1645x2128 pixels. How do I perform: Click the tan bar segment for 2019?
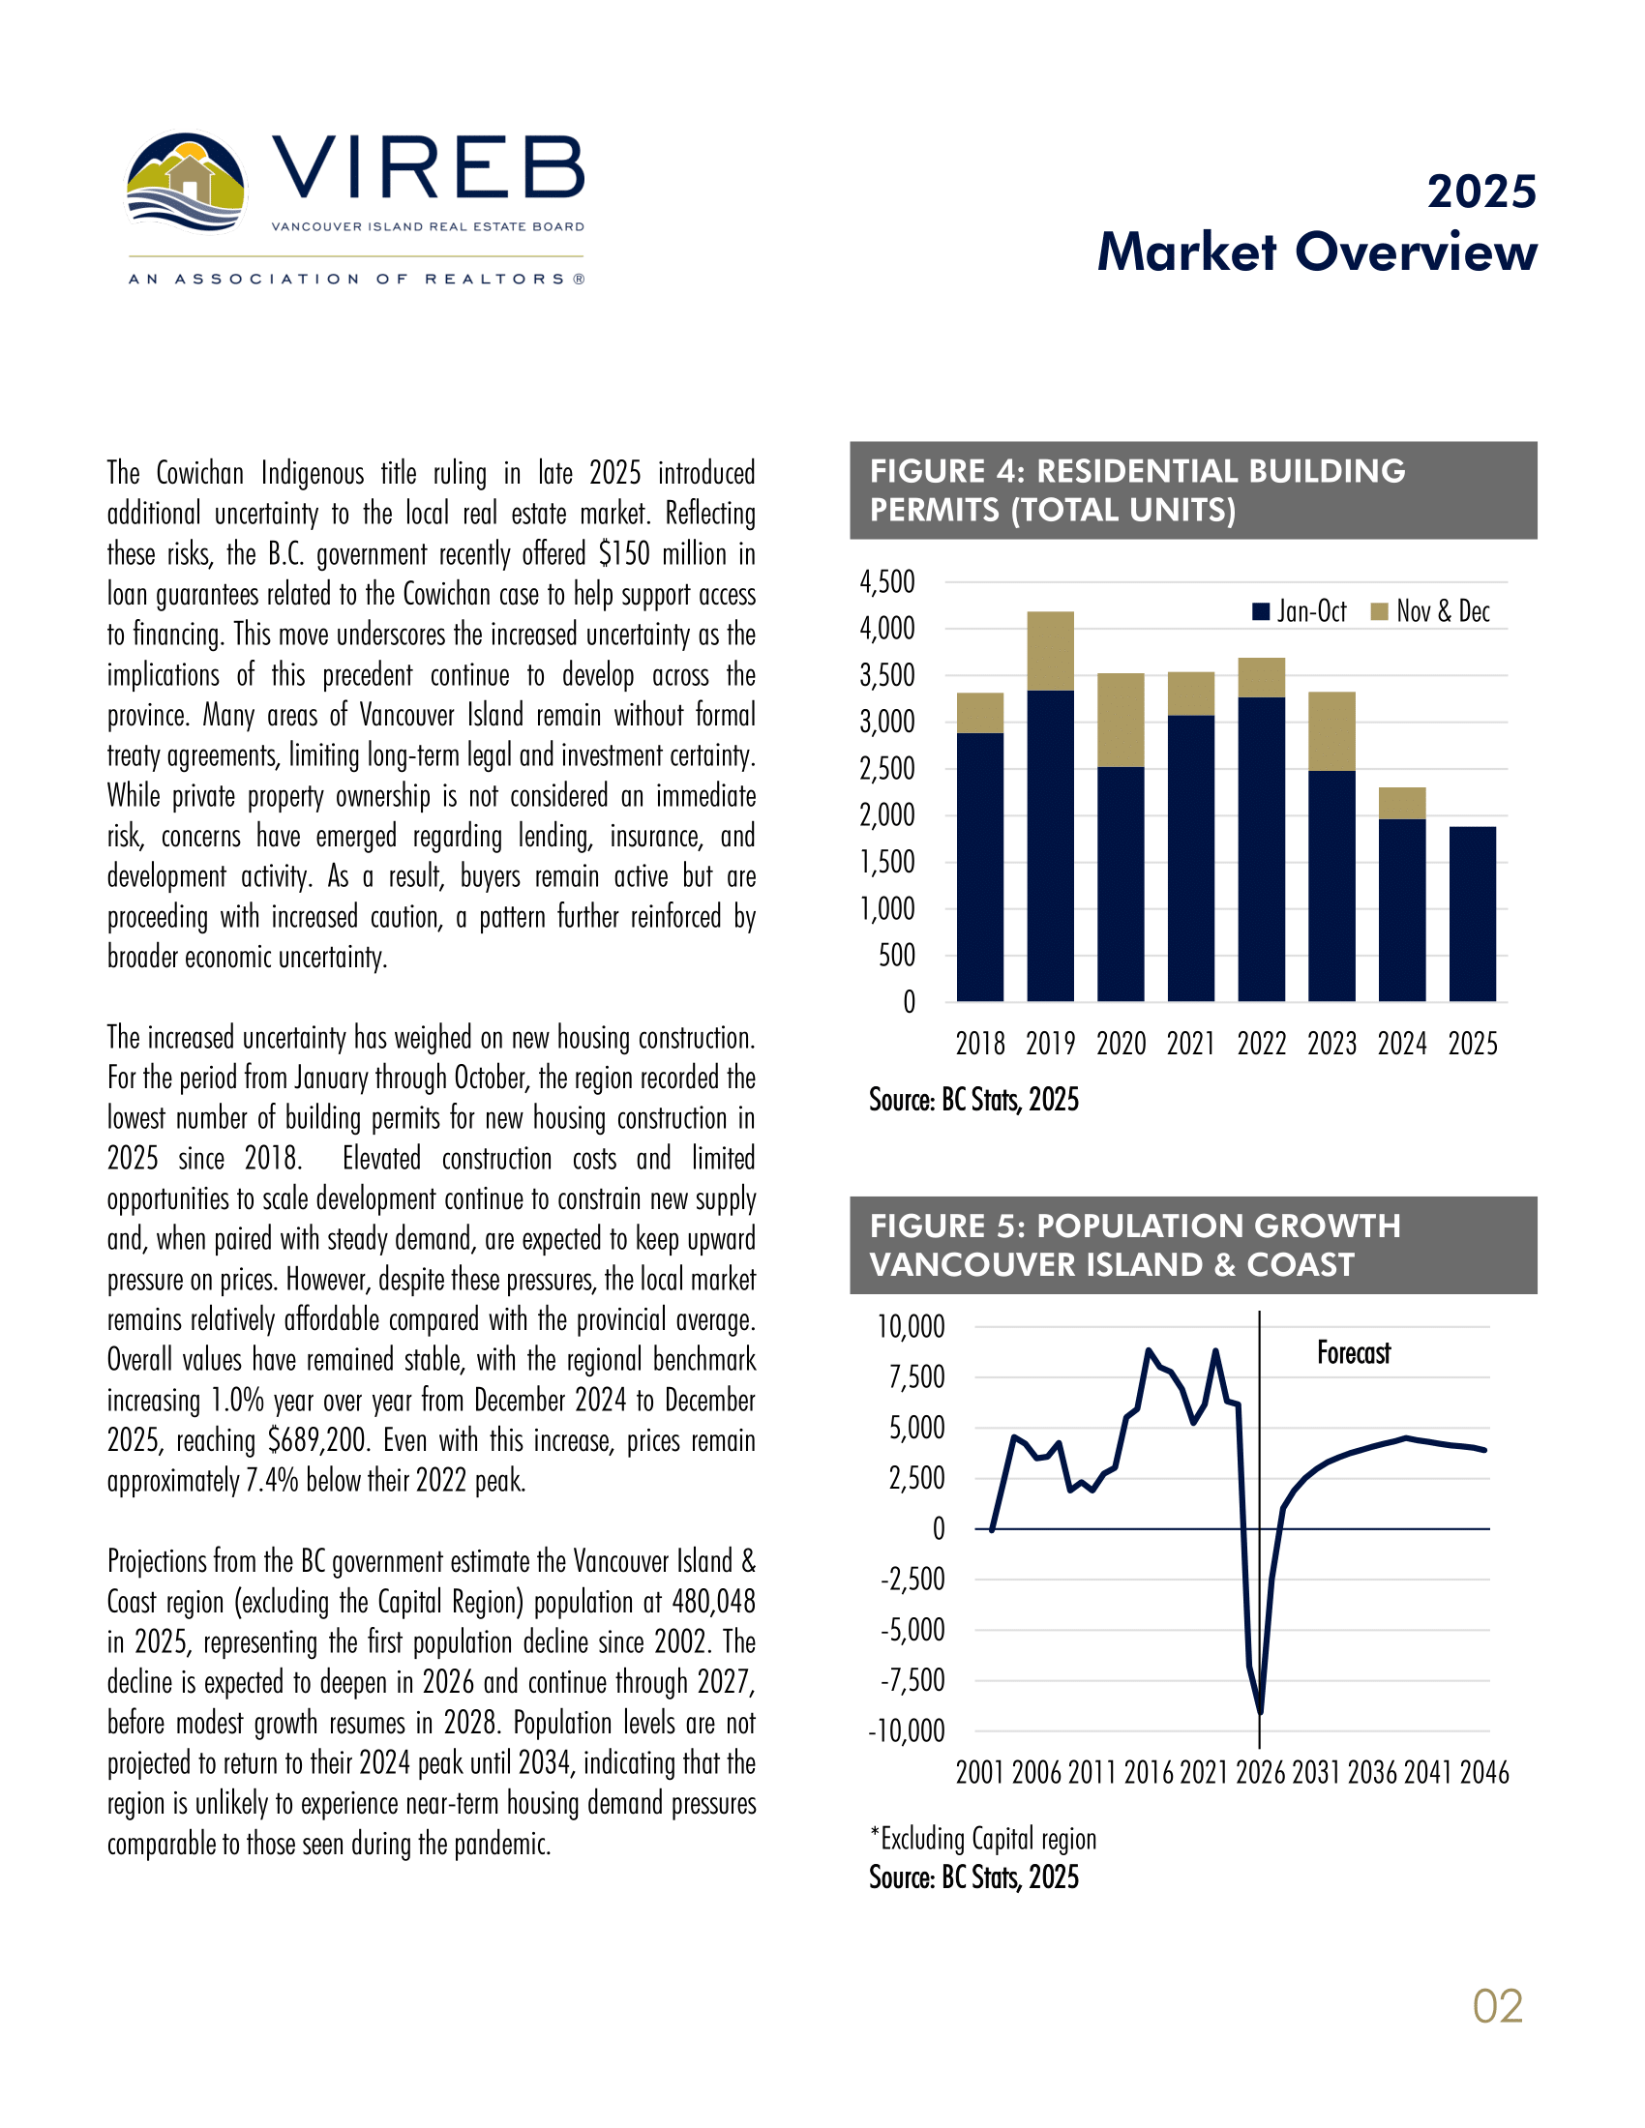[1050, 651]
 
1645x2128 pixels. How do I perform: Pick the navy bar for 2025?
[1472, 913]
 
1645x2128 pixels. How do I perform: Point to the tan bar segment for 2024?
[1401, 803]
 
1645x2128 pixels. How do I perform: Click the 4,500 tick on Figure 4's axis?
[886, 582]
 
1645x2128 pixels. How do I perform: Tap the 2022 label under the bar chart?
[1261, 1044]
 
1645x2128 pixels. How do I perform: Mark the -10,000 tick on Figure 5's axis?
[907, 1731]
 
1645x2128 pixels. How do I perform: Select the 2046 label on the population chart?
[1483, 1772]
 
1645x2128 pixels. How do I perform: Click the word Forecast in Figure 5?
[1353, 1353]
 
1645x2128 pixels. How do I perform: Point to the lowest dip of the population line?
[1261, 1711]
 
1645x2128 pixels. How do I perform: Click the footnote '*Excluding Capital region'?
[983, 1839]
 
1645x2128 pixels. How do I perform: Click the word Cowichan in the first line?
[199, 474]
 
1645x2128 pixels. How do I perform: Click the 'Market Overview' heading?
[1317, 252]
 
